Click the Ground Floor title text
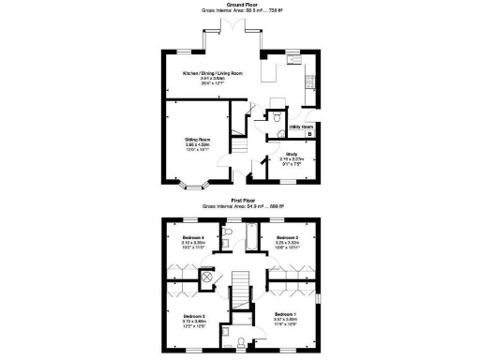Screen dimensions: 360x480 240,5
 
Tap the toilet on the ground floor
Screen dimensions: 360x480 277,118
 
